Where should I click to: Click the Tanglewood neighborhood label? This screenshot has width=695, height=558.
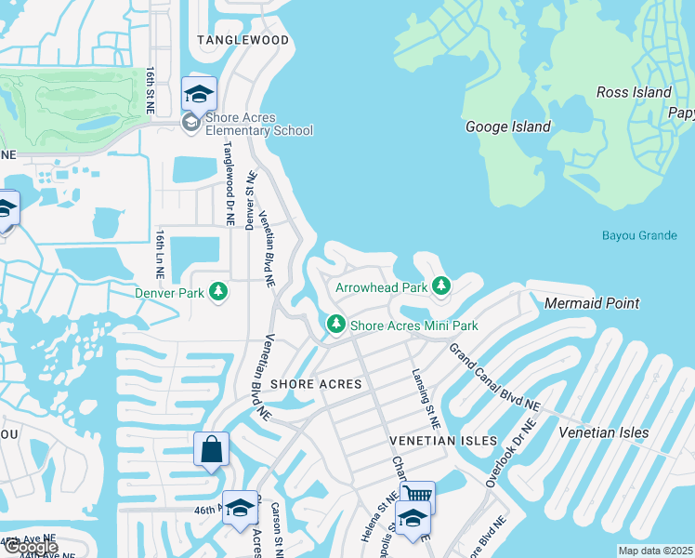[243, 40]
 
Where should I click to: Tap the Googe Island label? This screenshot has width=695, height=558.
[507, 126]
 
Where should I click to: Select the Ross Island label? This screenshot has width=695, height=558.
[634, 92]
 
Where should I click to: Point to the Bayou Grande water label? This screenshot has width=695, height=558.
[639, 235]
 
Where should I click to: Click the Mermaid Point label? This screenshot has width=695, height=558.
[592, 303]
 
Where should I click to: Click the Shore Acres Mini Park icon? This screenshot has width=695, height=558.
[334, 325]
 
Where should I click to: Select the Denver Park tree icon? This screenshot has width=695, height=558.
[218, 292]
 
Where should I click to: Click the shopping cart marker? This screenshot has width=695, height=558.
[417, 494]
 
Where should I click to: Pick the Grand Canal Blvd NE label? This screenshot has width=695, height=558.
[493, 378]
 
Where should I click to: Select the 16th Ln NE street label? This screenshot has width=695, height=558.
[160, 255]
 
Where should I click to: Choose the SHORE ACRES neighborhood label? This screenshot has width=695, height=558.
[308, 384]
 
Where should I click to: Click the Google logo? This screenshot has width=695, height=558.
[31, 547]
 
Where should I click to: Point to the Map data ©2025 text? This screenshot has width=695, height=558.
[656, 551]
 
